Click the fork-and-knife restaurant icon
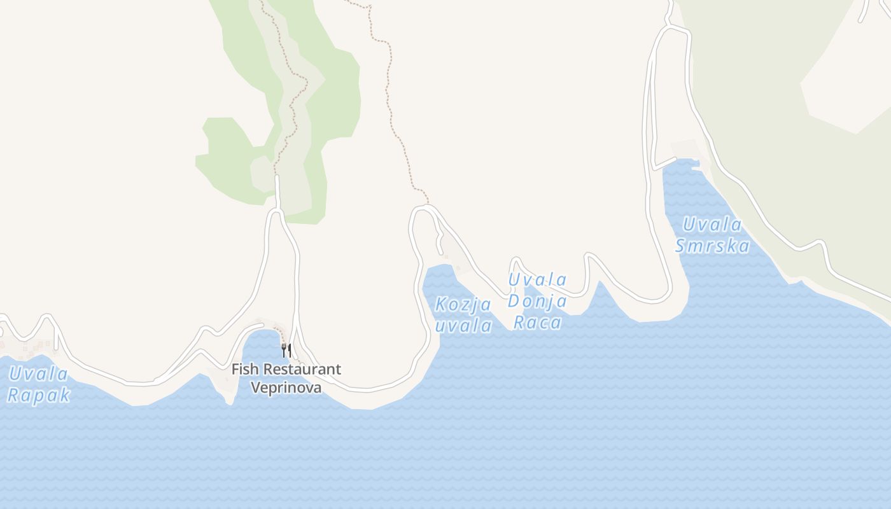click(x=286, y=349)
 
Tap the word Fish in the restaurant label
click(x=244, y=369)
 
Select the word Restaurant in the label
click(x=302, y=369)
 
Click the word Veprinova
click(x=286, y=387)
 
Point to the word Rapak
click(x=38, y=395)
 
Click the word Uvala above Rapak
click(x=38, y=373)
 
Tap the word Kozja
click(x=463, y=305)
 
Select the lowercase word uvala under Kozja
click(x=464, y=326)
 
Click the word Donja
click(x=538, y=301)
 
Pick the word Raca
click(x=538, y=323)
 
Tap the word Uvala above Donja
click(x=538, y=279)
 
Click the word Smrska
click(x=712, y=246)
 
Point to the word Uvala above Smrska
click(x=712, y=225)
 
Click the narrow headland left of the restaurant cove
click(x=228, y=394)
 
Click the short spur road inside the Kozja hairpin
click(x=440, y=244)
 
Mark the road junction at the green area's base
click(x=277, y=211)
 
